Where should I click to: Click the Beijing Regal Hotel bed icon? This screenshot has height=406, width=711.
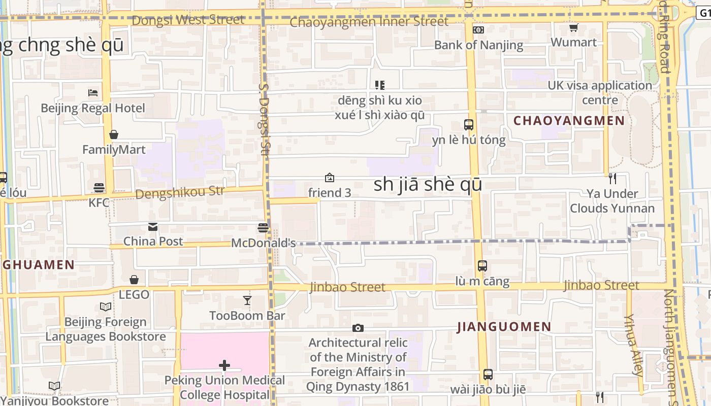tap(92, 92)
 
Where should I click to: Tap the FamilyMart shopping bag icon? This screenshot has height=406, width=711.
tap(114, 134)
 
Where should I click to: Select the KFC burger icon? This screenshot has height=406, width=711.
tap(99, 188)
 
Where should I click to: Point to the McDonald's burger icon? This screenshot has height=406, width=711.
tap(263, 228)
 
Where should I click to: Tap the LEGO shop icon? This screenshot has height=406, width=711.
tap(134, 280)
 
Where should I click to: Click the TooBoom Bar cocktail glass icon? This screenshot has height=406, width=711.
tap(247, 300)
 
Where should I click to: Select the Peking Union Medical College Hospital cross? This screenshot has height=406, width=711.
tap(224, 365)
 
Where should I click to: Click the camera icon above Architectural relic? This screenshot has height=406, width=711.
tap(358, 328)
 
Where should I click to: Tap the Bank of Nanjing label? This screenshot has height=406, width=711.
tap(478, 45)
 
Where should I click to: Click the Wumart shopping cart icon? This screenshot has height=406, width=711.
tap(573, 27)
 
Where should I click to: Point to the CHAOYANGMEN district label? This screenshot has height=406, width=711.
tap(569, 121)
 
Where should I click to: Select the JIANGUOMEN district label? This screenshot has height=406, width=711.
tap(504, 327)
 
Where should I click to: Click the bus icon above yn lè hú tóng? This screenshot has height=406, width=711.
tap(469, 124)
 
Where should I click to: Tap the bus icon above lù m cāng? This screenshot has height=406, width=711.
tap(482, 265)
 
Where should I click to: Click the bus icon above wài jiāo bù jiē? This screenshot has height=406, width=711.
tap(488, 375)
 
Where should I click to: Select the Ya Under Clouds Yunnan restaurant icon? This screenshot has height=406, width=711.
tap(612, 178)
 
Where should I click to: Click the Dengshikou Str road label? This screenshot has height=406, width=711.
tap(180, 193)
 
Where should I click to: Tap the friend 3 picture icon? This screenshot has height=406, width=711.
tap(330, 178)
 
